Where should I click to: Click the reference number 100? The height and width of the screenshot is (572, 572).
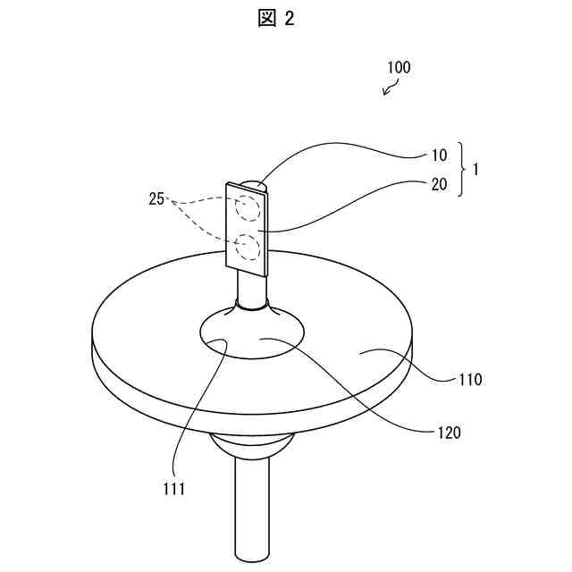(399, 67)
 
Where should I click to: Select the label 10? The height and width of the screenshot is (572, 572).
(439, 155)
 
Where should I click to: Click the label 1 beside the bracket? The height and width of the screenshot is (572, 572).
(475, 168)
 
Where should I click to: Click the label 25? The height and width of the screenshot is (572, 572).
(157, 199)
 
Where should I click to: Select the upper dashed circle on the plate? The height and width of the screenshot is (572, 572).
(248, 208)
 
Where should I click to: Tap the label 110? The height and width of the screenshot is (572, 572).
(469, 379)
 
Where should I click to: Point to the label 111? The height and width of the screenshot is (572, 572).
(174, 488)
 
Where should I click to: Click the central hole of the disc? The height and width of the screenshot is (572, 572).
(252, 335)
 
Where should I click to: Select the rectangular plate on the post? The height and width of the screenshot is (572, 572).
(247, 228)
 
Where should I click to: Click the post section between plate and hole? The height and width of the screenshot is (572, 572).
(251, 288)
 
